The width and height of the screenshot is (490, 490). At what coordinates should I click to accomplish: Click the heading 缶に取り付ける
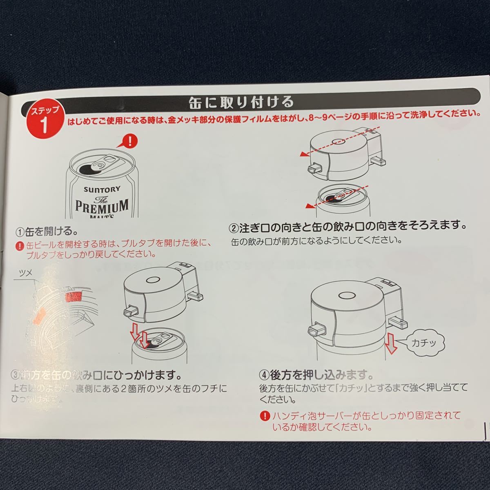click(x=241, y=101)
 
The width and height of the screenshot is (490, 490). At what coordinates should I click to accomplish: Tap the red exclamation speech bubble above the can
click(x=129, y=143)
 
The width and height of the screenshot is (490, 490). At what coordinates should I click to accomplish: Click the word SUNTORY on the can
click(x=102, y=189)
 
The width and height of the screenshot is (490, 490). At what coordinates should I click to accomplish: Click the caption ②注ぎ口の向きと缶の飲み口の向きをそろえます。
click(x=347, y=226)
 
